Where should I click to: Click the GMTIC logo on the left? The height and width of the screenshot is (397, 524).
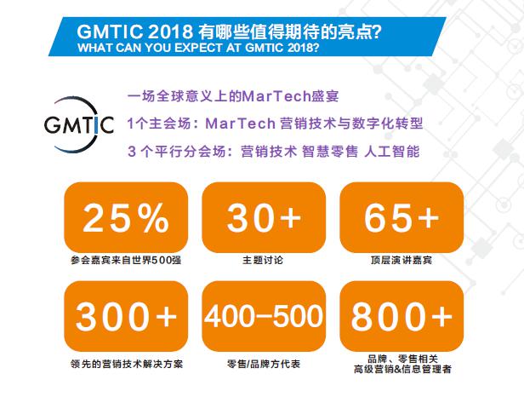pos(79,124)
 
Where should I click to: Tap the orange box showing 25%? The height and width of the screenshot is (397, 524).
pos(126,217)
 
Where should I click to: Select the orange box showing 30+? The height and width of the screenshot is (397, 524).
pos(264,217)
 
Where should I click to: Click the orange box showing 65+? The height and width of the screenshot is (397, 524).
pos(402,217)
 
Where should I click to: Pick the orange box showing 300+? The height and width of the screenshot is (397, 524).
pos(126,316)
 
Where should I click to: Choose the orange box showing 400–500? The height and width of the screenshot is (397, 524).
pos(264,316)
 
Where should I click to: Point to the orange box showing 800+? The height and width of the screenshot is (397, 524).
pos(402,316)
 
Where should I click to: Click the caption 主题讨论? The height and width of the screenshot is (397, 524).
pos(263,260)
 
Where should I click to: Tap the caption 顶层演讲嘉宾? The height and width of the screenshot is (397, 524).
pos(402,260)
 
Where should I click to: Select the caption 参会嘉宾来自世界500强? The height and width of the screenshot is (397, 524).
pos(126,260)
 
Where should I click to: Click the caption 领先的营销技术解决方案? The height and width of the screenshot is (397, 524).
pos(127,364)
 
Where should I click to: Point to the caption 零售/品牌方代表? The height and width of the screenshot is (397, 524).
pos(264,364)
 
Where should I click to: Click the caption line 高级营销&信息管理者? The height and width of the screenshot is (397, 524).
pos(402,369)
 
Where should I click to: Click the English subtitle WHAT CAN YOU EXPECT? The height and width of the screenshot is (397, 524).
pos(151,48)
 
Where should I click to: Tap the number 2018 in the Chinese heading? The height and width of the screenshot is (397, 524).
pos(170,32)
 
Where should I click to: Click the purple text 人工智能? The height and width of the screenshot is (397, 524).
pos(391,152)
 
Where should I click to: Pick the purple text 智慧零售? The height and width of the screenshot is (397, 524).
pos(330,152)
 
